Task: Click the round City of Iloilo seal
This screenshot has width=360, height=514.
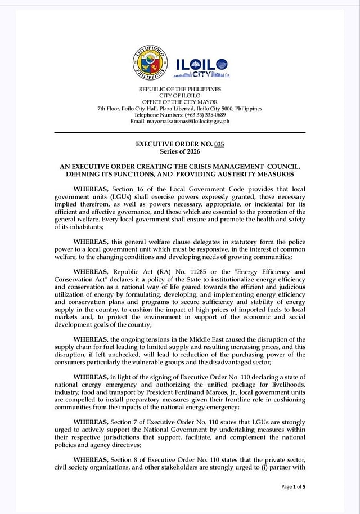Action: [x=150, y=62]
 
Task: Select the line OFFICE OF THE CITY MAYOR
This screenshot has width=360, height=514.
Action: [x=179, y=102]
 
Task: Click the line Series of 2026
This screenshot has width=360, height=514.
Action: [x=179, y=152]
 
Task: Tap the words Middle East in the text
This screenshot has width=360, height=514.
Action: [x=213, y=339]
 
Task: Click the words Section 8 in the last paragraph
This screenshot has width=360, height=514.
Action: [x=130, y=459]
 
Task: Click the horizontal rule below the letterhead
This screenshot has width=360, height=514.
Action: [x=179, y=132]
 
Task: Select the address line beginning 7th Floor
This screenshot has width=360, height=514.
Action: [x=179, y=109]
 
